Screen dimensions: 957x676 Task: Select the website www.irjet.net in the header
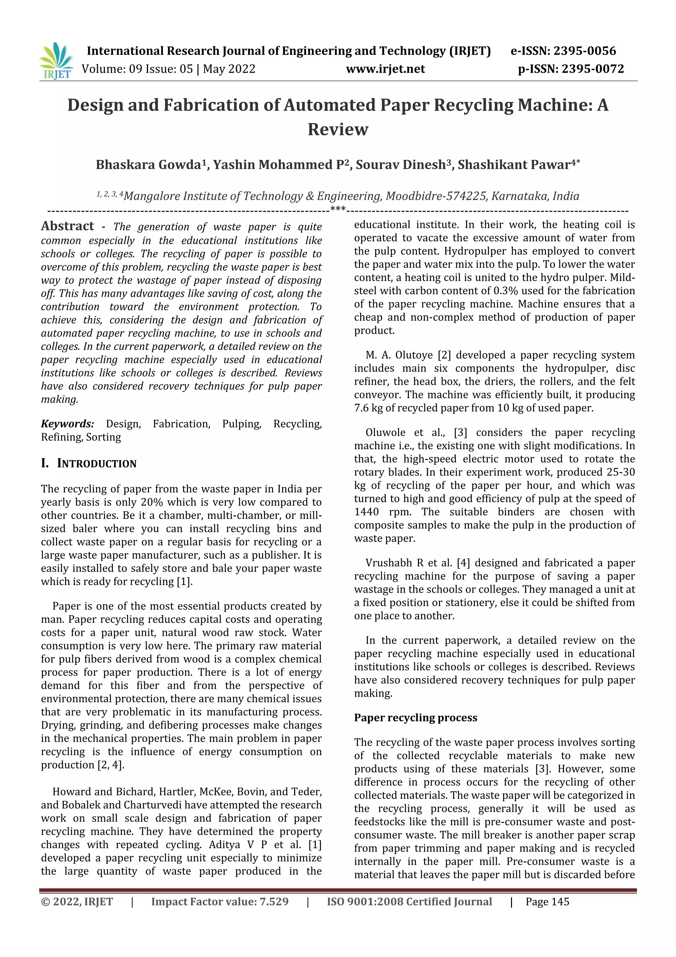[385, 69]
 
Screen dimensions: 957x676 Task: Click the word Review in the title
[338, 129]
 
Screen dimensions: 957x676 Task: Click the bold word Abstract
[67, 226]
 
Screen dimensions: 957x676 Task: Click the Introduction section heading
[96, 463]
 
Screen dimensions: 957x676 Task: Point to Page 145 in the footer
[547, 902]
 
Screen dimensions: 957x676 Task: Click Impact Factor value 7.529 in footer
[220, 902]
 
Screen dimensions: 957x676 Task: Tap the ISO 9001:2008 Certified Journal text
[409, 902]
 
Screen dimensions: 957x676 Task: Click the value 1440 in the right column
[366, 512]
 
